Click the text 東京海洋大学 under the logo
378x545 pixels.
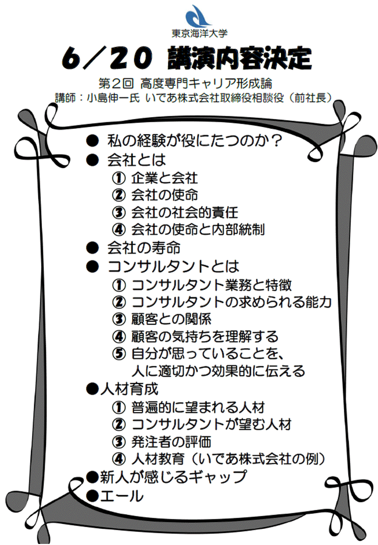pyautogui.click(x=199, y=33)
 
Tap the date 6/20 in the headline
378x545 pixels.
pyautogui.click(x=106, y=58)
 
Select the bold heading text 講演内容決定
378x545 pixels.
pyautogui.click(x=239, y=58)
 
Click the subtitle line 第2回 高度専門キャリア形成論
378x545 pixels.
pyautogui.click(x=185, y=83)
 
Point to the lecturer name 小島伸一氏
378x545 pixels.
pyautogui.click(x=113, y=98)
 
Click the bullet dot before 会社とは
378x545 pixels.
pyautogui.click(x=93, y=160)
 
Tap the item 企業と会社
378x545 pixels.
pyautogui.click(x=164, y=178)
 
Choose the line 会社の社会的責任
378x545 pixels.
pyautogui.click(x=184, y=212)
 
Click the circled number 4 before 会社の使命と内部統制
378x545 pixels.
pyautogui.click(x=119, y=230)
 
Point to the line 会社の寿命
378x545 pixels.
pyautogui.click(x=144, y=248)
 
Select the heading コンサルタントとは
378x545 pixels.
pyautogui.click(x=173, y=267)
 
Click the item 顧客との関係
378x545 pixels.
pyautogui.click(x=171, y=319)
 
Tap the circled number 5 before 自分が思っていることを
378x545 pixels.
pyautogui.click(x=119, y=354)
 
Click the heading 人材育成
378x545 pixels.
pyautogui.click(x=129, y=389)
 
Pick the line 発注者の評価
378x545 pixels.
pyautogui.click(x=171, y=442)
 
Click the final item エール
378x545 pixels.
pyautogui.click(x=121, y=496)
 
